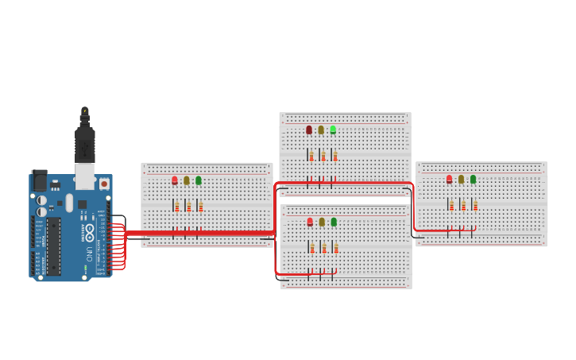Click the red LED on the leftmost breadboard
point(175,180)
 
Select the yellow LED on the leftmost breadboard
point(187,180)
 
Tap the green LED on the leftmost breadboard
point(199,180)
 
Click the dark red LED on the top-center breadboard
point(309,130)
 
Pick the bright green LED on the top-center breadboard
point(333,130)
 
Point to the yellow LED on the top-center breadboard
point(321,130)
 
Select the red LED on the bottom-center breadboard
point(310,222)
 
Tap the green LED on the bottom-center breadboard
point(334,222)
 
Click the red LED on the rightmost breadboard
point(449,180)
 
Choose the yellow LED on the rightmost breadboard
point(461,180)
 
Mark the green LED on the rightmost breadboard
point(473,180)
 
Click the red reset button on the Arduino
point(103,184)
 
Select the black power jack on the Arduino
point(39,181)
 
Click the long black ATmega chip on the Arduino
point(53,246)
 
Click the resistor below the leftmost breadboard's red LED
point(177,207)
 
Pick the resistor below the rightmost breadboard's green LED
point(475,205)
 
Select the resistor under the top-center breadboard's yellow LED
point(323,156)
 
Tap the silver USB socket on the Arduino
point(84,176)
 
